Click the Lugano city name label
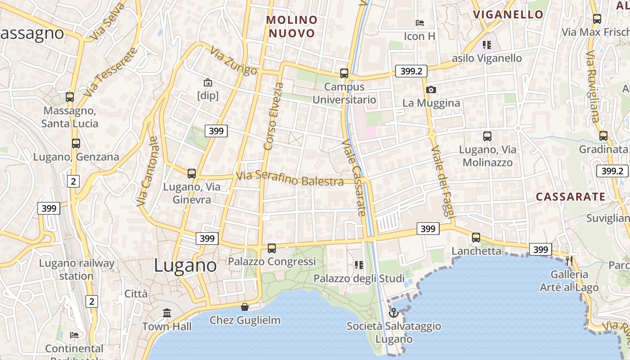coord(185,265)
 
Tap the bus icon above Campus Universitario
coord(344,73)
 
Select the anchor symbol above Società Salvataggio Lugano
coord(394,312)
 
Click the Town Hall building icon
coord(167,313)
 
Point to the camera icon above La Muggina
coord(431,90)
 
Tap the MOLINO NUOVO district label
coord(292,27)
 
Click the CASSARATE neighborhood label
coord(571,197)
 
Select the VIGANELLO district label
coord(508,14)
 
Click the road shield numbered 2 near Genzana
coord(73,181)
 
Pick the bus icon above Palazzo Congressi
coord(272,248)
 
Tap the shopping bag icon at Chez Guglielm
coord(245,307)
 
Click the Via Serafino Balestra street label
coord(290,179)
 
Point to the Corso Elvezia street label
coord(274,116)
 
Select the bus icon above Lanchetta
coord(476,237)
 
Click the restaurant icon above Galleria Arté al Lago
coord(569,261)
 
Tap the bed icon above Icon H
coord(420,22)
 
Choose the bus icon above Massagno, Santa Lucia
coord(70,97)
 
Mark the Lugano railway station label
coord(76,269)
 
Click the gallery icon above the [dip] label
coord(208,82)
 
